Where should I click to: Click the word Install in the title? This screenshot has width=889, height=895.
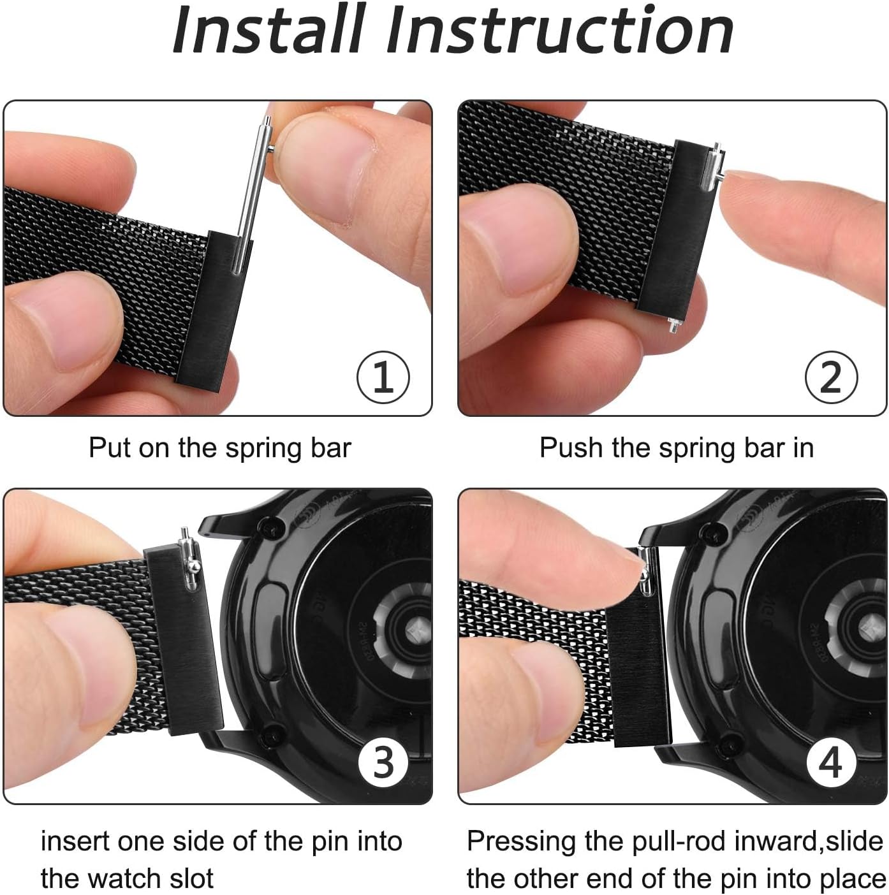coord(268,30)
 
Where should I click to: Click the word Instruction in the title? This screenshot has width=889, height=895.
coord(559,30)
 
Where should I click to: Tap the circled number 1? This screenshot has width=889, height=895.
coord(383,377)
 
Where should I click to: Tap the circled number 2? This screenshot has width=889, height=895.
coord(831,377)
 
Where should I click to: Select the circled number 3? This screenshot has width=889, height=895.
coord(383,763)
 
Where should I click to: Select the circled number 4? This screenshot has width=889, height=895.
coord(830,763)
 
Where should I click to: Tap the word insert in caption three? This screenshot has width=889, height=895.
coord(75,841)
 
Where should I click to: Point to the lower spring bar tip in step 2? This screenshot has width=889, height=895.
coord(673,324)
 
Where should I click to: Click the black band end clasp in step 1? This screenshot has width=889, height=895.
coord(214,311)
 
